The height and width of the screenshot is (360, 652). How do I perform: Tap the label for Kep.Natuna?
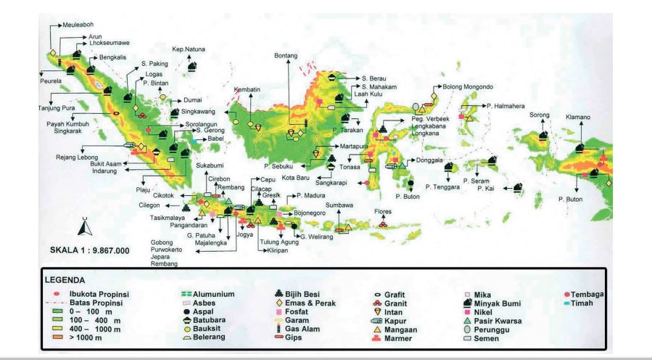point(185,49)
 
